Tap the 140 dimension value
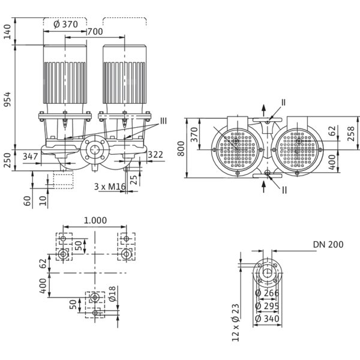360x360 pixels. (8, 31)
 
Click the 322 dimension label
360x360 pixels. (155, 155)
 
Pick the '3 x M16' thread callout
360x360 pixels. (110, 187)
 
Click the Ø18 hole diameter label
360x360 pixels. (112, 295)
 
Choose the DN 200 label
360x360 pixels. (328, 244)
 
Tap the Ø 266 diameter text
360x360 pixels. (266, 294)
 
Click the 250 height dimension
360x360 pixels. (8, 160)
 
